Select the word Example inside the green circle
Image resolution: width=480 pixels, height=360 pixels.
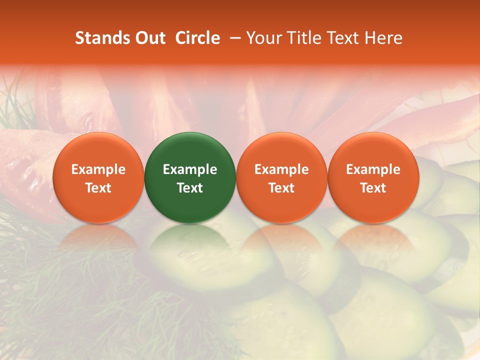point(190,169)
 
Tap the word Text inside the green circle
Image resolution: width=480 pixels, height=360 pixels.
point(190,188)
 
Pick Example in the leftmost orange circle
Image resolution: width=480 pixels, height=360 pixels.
point(98,169)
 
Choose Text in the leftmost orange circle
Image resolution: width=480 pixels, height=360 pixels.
point(98,188)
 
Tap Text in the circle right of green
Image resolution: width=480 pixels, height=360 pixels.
point(281,188)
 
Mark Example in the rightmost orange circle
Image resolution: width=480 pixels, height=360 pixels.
point(373,169)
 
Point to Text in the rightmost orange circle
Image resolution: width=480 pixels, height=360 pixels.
point(373,188)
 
